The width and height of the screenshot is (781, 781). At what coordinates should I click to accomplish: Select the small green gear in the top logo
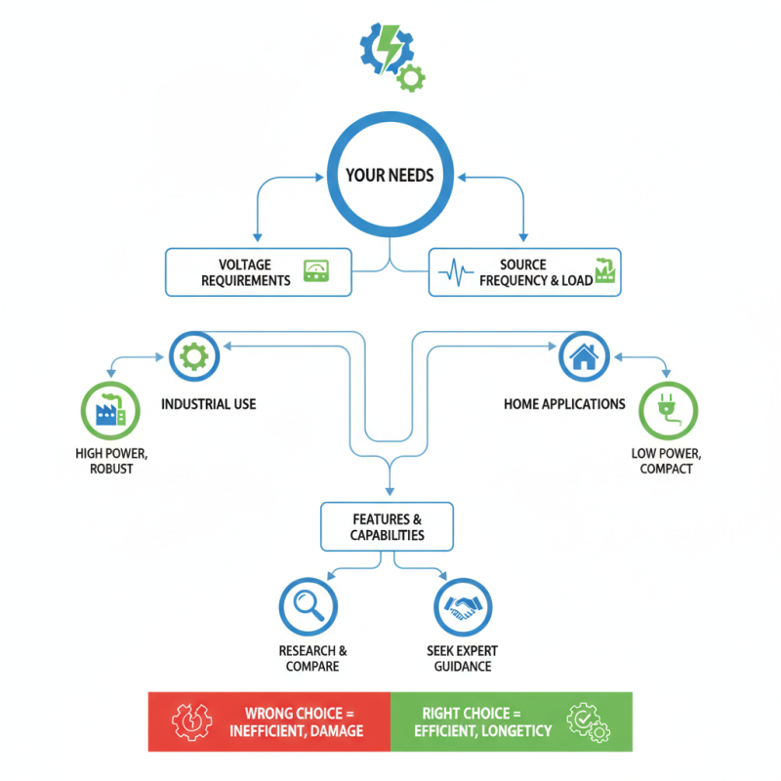click(x=412, y=76)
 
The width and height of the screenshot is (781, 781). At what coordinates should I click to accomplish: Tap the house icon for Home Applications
click(x=584, y=357)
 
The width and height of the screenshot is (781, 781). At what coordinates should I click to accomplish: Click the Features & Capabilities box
click(x=388, y=526)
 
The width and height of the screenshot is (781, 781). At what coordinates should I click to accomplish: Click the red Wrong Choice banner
click(x=268, y=721)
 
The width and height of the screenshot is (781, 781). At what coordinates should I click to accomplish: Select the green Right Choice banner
click(x=511, y=721)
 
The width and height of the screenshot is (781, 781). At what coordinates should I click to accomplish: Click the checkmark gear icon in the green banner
click(x=590, y=721)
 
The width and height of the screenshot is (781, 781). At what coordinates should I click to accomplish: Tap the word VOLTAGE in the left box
click(x=245, y=265)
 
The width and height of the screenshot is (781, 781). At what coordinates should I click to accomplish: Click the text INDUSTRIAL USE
click(x=209, y=403)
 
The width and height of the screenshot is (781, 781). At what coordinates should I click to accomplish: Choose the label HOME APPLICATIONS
click(x=564, y=403)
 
